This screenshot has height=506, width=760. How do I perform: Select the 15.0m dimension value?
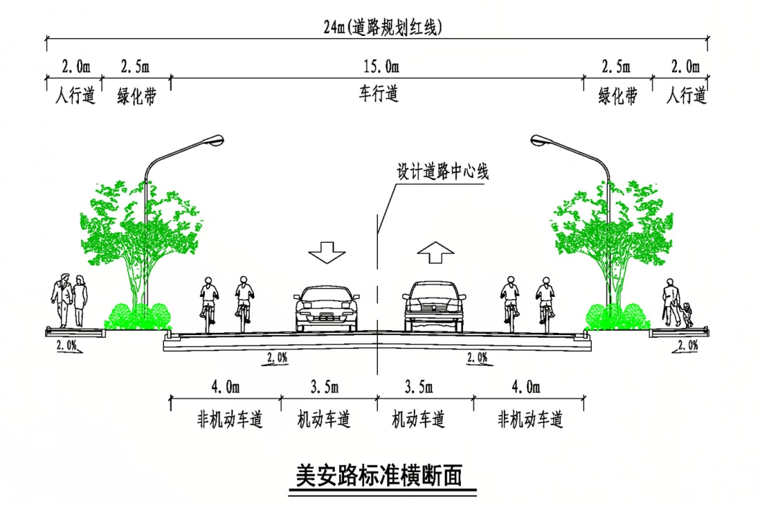point(381,68)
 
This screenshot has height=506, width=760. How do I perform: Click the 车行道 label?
point(379,94)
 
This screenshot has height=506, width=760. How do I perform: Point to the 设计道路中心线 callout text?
point(443,172)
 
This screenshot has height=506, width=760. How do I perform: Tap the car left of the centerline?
point(326,308)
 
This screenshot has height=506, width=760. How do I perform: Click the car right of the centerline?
point(433,306)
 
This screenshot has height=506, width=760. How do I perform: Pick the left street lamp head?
point(210,141)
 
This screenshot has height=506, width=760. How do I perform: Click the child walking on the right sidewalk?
point(686,314)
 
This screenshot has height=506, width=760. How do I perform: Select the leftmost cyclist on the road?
point(208,303)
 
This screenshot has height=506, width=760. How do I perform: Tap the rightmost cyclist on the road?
point(545,303)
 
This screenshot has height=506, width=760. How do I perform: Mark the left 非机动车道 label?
point(229,420)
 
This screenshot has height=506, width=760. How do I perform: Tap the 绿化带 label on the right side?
point(618,96)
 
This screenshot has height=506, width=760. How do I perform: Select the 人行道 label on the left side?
point(75,96)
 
